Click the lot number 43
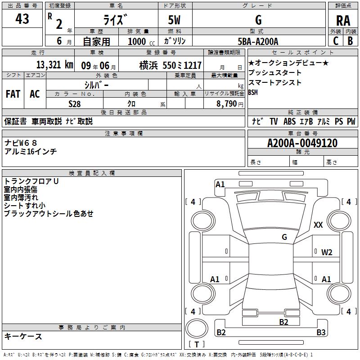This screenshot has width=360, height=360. (22, 19)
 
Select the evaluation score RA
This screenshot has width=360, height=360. (343, 20)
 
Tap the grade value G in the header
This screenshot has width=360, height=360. (258, 20)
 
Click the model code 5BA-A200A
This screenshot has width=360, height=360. (258, 41)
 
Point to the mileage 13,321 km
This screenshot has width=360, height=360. (54, 65)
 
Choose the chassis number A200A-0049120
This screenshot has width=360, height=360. (302, 143)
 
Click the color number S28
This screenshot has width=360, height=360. (74, 103)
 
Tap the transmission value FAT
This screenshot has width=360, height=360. (13, 94)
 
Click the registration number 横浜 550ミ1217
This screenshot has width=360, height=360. (170, 65)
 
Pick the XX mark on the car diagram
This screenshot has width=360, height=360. (318, 225)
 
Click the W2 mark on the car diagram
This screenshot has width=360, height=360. (327, 252)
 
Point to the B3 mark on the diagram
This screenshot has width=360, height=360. (321, 333)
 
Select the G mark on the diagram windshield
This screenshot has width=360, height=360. (284, 237)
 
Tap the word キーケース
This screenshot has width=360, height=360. (23, 336)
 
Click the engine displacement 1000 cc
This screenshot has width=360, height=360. (141, 41)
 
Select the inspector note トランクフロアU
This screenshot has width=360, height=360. (31, 181)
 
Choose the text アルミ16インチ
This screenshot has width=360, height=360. (31, 152)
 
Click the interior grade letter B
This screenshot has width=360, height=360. (350, 41)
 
